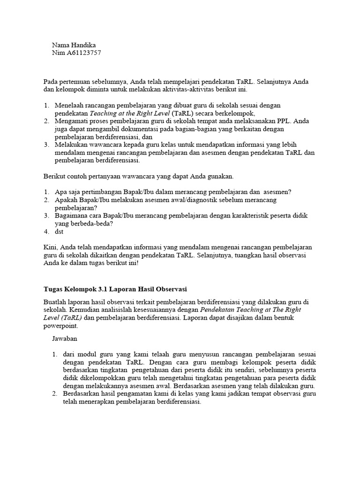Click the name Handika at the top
pyautogui.click(x=83, y=45)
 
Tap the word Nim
pyautogui.click(x=58, y=53)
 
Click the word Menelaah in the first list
pyautogui.click(x=69, y=105)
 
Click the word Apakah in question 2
pyautogui.click(x=65, y=200)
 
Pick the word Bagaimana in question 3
pyautogui.click(x=71, y=216)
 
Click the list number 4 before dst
pyautogui.click(x=46, y=232)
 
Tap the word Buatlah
pyautogui.click(x=55, y=302)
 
